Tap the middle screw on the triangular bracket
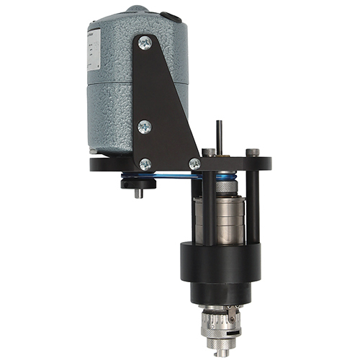pos(145,127)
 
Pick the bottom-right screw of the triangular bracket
pos(194,164)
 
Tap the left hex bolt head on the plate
pos(207,153)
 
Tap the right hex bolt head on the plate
pos(252,153)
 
